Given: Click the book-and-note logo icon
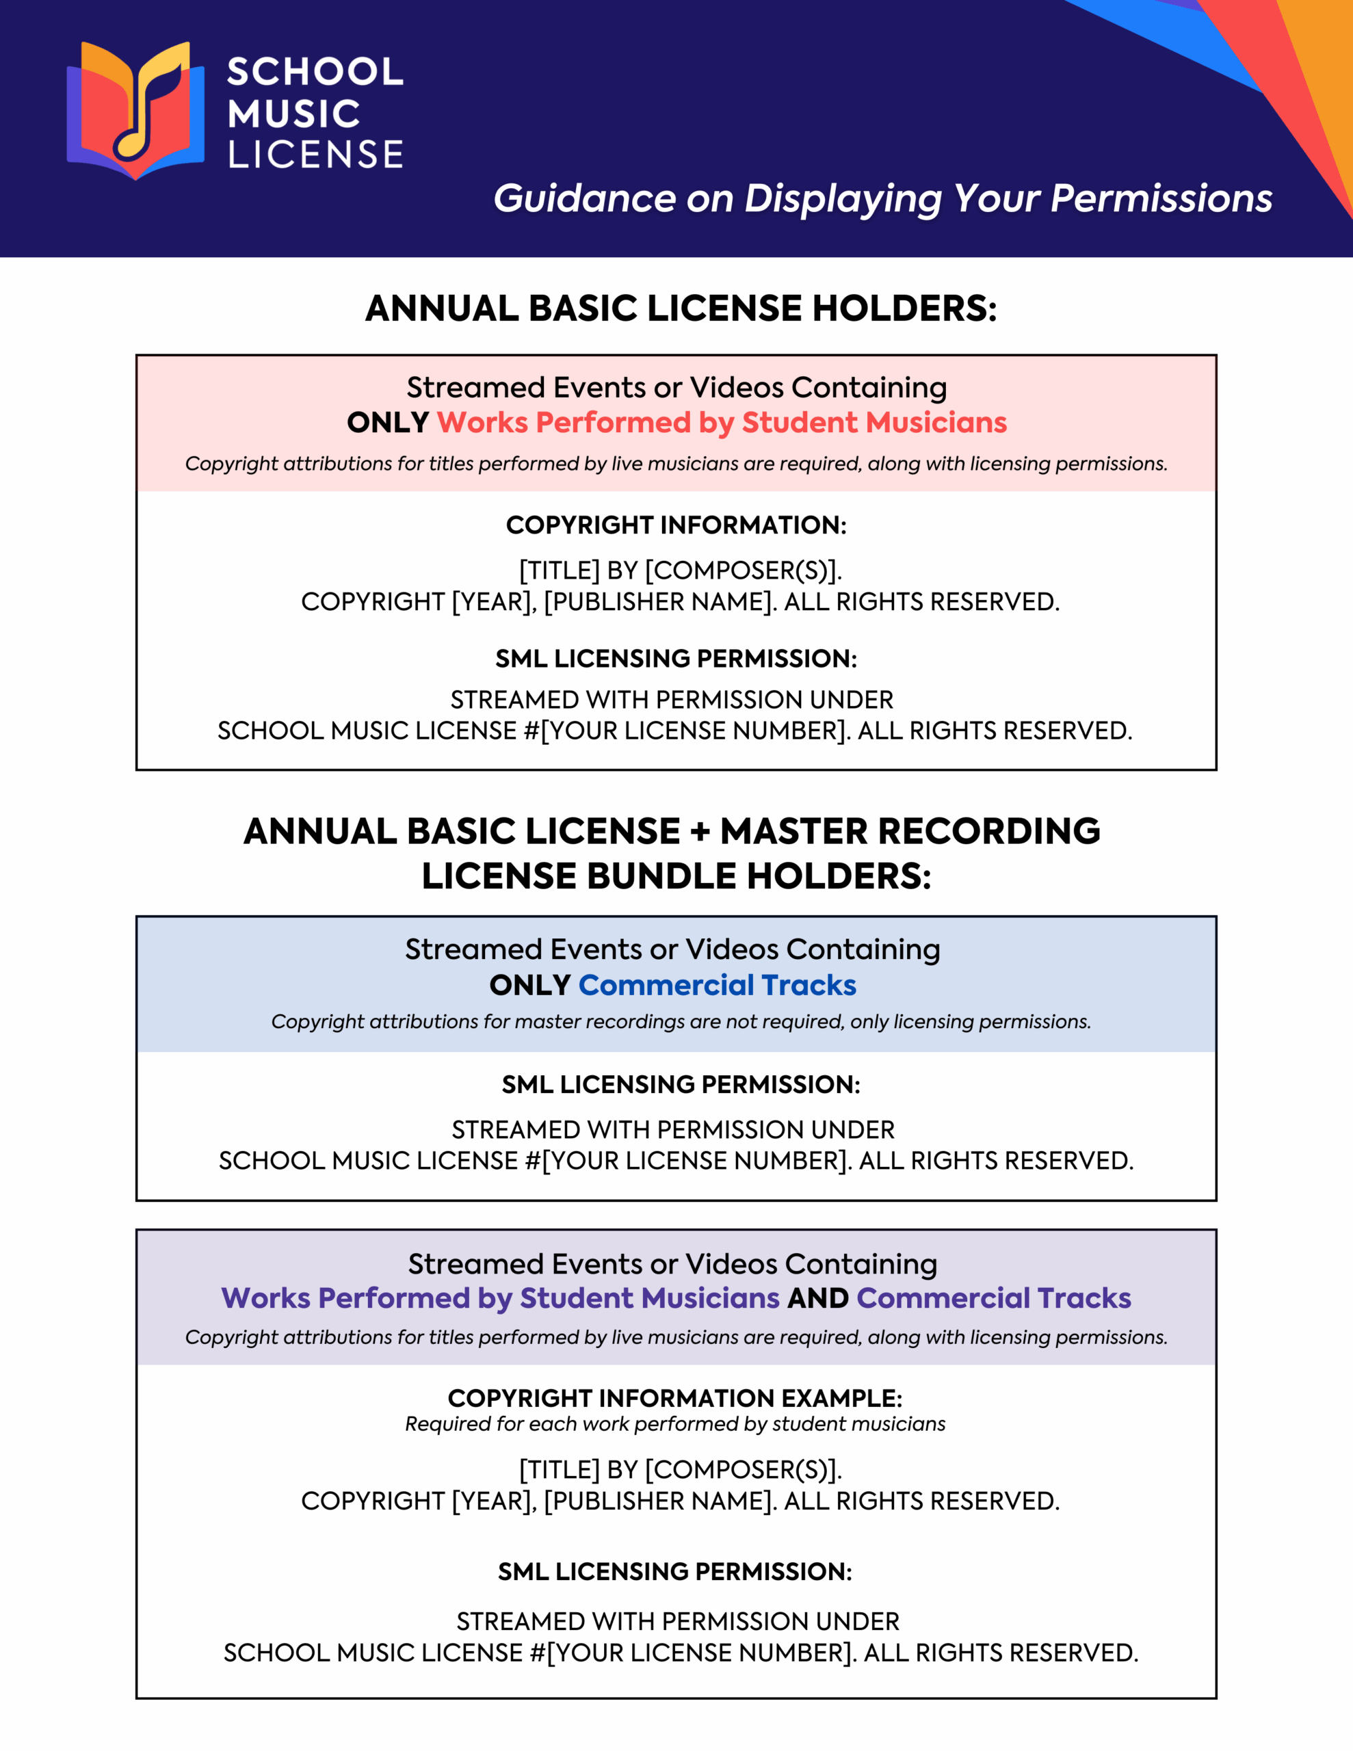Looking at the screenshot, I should [x=135, y=110].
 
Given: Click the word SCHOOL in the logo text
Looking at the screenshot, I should [x=315, y=71].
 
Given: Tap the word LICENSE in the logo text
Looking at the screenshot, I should [x=315, y=155].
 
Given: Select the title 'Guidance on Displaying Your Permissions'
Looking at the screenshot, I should [x=882, y=198].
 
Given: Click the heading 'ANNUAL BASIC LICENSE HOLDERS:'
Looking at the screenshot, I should [x=681, y=308].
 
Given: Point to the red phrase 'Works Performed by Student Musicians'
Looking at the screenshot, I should [x=721, y=423].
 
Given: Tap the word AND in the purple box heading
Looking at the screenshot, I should [x=817, y=1298].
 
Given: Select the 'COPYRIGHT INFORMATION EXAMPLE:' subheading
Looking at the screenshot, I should [x=674, y=1398].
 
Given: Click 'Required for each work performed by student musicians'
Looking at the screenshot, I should [x=674, y=1424].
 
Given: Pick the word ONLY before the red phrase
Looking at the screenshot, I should [x=387, y=423].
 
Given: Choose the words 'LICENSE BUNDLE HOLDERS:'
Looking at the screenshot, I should [x=676, y=876].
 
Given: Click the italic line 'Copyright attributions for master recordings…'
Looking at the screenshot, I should [x=681, y=1021].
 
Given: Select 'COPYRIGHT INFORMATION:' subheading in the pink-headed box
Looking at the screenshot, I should [x=676, y=525].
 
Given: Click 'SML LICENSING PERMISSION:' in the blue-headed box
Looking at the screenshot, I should [x=681, y=1084].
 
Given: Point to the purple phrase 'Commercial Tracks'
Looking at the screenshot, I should [x=993, y=1298].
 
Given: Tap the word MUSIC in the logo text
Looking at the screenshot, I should [x=293, y=114].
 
